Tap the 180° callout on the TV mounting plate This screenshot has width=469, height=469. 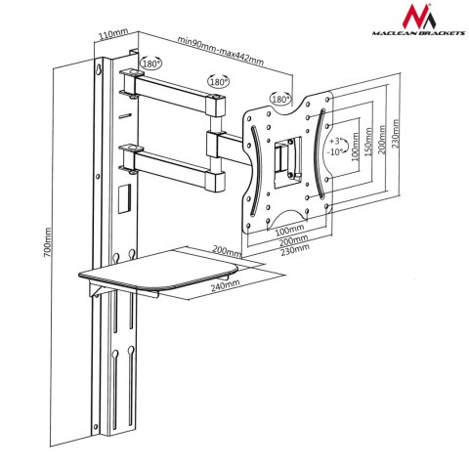tap(280, 99)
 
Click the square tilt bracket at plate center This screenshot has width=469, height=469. tap(285, 160)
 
